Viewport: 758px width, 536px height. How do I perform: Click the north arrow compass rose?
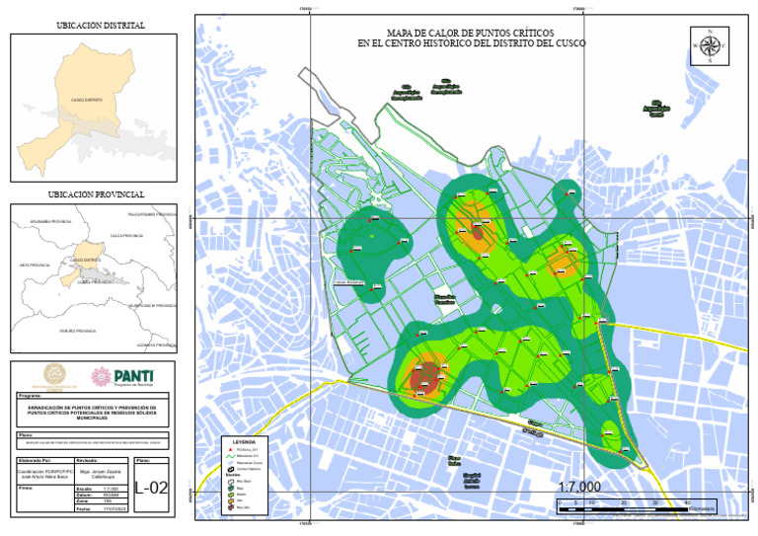point(709,44)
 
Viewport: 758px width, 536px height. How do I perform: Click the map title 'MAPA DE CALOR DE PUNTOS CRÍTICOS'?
point(471,33)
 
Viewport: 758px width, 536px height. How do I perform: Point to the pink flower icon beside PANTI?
point(100,376)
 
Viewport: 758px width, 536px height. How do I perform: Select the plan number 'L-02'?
point(151,486)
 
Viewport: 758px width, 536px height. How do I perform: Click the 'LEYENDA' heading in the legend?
point(243,441)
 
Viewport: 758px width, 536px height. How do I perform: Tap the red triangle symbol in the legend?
point(232,449)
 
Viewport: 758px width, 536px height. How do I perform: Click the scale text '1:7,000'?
point(578,488)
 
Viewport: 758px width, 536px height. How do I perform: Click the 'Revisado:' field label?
point(87,461)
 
